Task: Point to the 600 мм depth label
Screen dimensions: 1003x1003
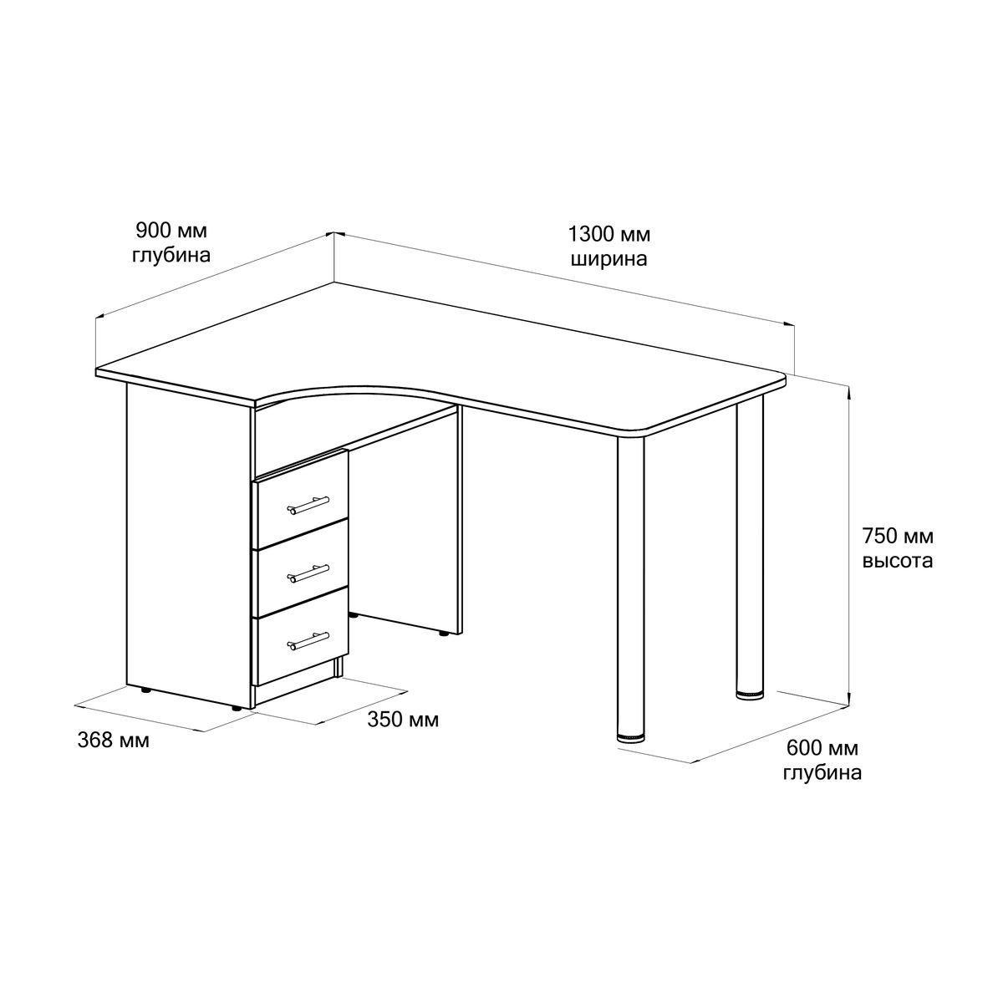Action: (x=822, y=749)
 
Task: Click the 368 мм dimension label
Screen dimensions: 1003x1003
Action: (x=114, y=741)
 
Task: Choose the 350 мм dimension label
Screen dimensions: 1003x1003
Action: (x=403, y=720)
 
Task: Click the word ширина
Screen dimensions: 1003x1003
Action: (x=609, y=258)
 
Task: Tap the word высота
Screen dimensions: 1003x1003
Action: (x=898, y=561)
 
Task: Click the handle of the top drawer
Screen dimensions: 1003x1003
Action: (x=308, y=505)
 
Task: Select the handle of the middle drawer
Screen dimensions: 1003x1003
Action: (x=308, y=573)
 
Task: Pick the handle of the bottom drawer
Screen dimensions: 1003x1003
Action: (x=308, y=641)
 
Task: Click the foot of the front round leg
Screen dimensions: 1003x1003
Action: (x=630, y=737)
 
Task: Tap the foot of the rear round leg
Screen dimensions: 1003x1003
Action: (x=750, y=695)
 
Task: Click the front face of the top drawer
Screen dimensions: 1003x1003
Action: (x=300, y=499)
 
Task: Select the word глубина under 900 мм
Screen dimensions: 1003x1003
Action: (x=171, y=256)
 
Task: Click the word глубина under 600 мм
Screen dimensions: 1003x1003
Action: (x=822, y=772)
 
